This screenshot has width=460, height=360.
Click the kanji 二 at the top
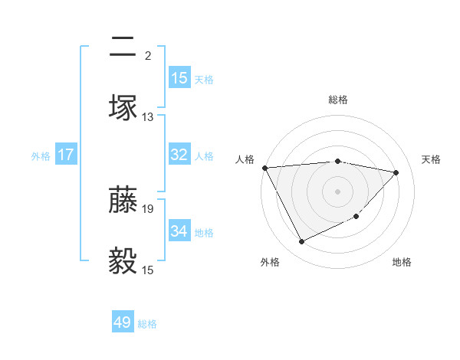[x=123, y=47]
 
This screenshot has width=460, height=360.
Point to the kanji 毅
[x=123, y=260]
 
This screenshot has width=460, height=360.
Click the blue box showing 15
[x=179, y=78]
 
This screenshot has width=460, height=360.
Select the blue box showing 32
[x=179, y=155]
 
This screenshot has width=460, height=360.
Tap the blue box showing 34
[x=179, y=231]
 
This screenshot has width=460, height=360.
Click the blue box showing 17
[x=66, y=155]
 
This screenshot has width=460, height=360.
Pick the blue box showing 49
[x=123, y=322]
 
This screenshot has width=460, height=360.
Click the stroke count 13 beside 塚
[x=148, y=117]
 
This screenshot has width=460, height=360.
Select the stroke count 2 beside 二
[x=147, y=56]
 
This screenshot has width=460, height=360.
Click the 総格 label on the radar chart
[x=338, y=100]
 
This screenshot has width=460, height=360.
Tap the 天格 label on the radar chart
[x=432, y=159]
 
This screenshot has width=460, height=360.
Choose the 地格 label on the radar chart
[x=402, y=262]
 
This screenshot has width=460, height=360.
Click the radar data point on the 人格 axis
[x=264, y=168]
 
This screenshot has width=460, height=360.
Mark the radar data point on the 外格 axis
[x=301, y=242]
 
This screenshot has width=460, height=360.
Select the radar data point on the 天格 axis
[x=396, y=172]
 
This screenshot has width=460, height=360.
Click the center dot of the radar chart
[x=338, y=191]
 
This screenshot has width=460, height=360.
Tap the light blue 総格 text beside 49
[x=147, y=323]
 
